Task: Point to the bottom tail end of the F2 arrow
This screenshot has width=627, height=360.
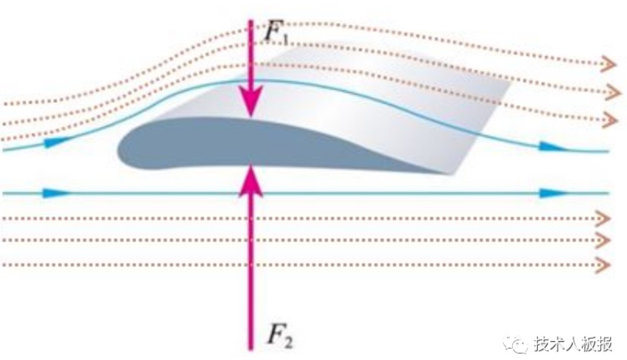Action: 251,349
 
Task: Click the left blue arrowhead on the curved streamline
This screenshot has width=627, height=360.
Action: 57,142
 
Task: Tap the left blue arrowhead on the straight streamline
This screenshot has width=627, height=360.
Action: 56,193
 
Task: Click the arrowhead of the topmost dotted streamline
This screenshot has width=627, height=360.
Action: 609,64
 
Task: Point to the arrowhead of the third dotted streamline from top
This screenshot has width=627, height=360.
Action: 609,120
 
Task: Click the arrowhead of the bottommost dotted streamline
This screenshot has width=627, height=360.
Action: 603,265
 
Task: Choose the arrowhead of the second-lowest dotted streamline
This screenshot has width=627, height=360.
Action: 603,241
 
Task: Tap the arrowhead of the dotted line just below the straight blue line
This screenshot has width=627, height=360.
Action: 603,218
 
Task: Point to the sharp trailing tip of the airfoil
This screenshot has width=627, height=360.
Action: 451,174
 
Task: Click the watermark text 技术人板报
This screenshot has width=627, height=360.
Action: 573,344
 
